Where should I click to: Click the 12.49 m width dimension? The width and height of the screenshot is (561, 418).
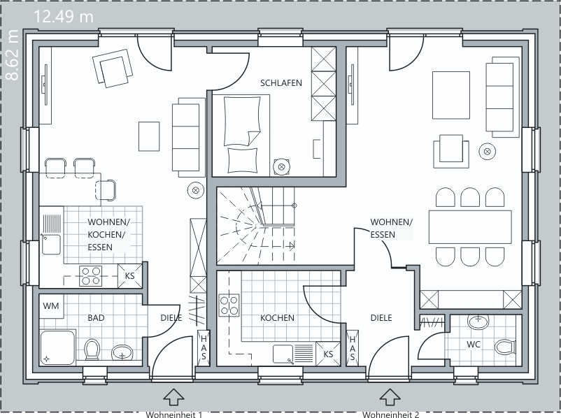click(64, 17)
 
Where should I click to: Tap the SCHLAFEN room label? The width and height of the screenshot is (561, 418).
click(281, 83)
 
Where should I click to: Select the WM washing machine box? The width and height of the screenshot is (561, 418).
click(51, 306)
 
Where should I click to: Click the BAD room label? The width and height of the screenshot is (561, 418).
click(96, 318)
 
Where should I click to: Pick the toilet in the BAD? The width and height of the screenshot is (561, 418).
click(92, 349)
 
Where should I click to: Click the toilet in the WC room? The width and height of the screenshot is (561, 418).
click(505, 347)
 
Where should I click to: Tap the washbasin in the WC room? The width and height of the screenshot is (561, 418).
click(478, 321)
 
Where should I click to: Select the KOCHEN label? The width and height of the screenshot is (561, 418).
click(277, 318)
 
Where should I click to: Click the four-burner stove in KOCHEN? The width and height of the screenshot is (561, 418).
click(229, 305)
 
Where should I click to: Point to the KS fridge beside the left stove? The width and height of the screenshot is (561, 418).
click(130, 275)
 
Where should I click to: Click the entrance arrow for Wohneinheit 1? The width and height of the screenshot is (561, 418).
click(174, 397)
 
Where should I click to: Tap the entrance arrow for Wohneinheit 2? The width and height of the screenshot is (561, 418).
click(390, 397)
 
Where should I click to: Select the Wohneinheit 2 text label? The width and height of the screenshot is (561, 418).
click(391, 415)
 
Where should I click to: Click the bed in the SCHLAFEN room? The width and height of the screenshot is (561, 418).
click(241, 135)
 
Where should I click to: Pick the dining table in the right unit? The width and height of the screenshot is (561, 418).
click(470, 227)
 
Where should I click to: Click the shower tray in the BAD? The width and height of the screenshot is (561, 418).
click(57, 347)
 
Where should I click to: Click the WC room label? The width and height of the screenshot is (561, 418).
click(474, 345)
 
